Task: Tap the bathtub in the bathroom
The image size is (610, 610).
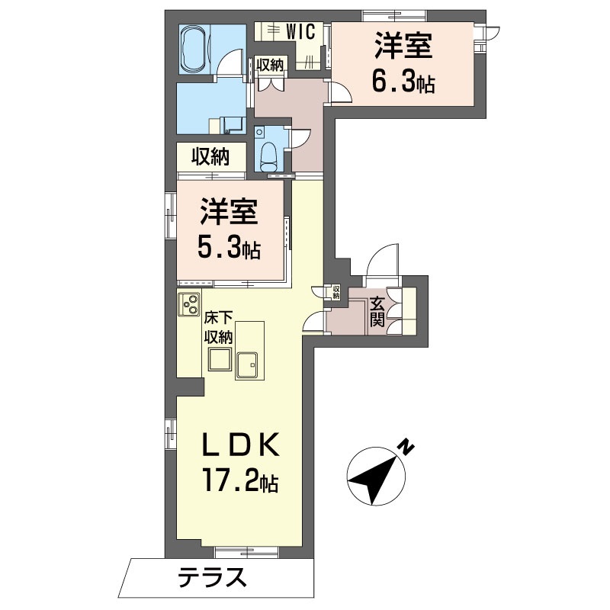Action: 196,48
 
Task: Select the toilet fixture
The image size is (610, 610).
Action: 268,156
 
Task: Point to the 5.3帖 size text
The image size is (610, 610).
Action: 231,246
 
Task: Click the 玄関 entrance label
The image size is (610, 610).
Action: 377,311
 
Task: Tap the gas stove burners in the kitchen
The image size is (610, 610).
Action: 188,304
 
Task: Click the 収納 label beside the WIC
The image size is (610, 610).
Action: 269,66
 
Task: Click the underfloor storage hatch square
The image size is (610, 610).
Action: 220,358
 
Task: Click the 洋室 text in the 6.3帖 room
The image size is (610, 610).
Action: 403,47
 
